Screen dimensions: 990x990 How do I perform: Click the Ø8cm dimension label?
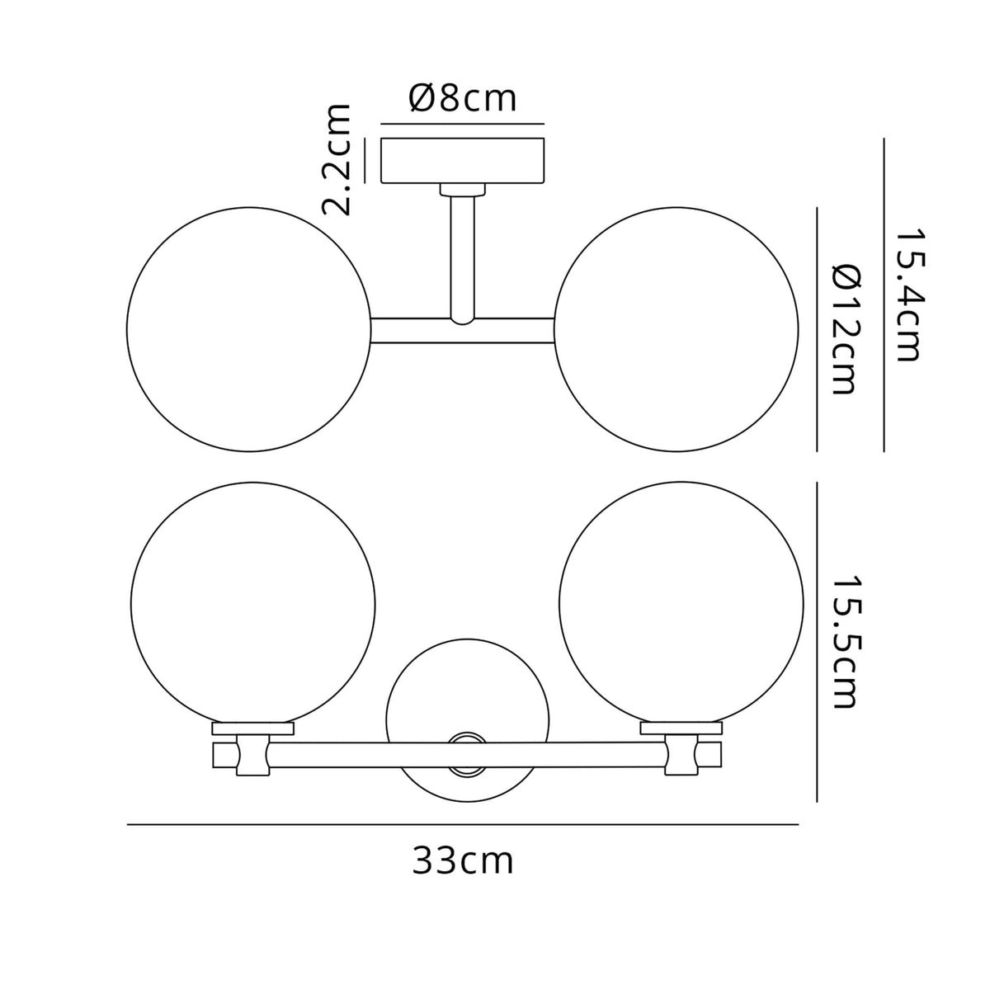[x=462, y=99]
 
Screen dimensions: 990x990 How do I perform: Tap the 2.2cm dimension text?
[x=337, y=159]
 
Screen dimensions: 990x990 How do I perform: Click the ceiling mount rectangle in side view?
[x=463, y=162]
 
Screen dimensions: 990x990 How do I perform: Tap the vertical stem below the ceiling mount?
[x=463, y=256]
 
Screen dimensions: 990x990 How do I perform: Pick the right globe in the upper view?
[x=677, y=330]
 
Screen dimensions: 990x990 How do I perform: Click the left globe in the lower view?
[x=253, y=602]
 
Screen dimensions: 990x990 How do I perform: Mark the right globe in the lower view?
[x=681, y=602]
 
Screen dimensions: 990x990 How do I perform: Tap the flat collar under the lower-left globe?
[x=253, y=728]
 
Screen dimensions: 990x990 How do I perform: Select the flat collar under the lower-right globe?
[x=681, y=728]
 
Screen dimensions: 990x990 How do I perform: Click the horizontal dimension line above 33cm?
[x=463, y=824]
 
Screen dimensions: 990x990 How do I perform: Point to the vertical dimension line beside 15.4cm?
[x=884, y=295]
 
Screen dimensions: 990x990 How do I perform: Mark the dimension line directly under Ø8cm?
[x=463, y=124]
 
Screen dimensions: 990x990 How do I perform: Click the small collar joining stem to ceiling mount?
[x=463, y=190]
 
